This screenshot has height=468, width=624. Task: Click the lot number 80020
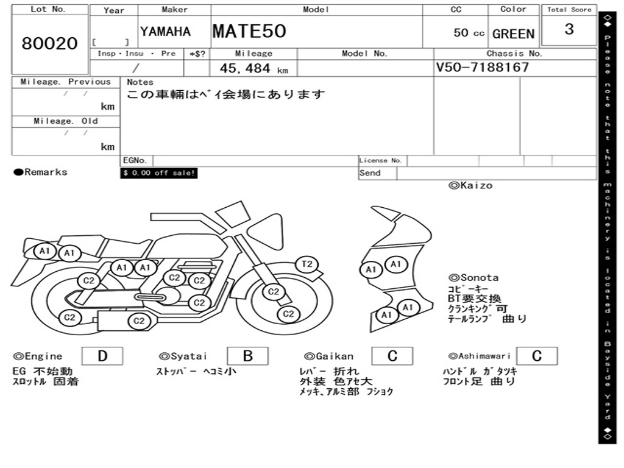click(x=50, y=43)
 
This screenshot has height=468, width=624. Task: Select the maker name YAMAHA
click(x=165, y=32)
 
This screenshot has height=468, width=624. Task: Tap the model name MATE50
click(x=249, y=31)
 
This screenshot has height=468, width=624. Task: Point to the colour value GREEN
click(x=513, y=34)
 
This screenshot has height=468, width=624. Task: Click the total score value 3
click(x=569, y=29)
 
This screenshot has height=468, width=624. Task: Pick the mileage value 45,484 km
click(x=254, y=68)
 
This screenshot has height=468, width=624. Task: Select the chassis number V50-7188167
click(x=483, y=67)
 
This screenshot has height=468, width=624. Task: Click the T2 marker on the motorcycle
click(x=307, y=264)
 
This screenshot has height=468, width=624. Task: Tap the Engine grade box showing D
click(x=102, y=356)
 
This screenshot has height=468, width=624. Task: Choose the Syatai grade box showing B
click(x=247, y=356)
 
